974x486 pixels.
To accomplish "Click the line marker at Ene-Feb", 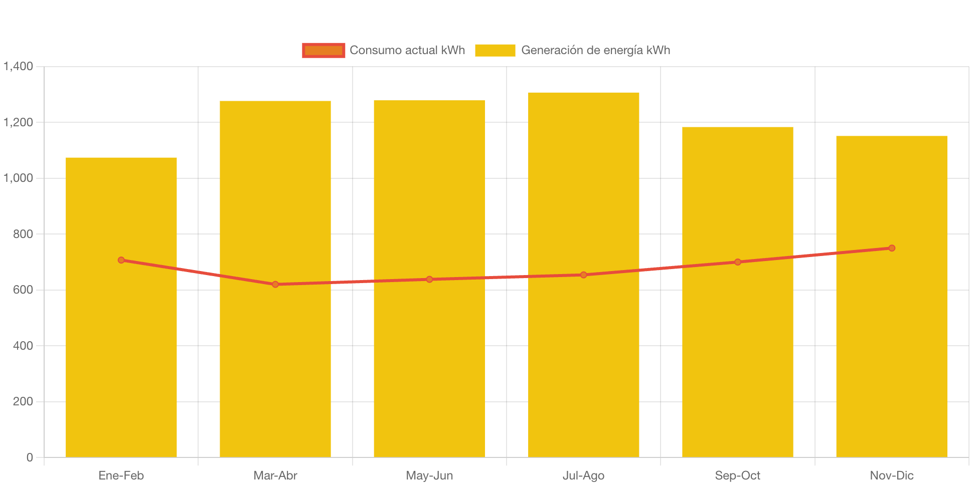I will point(121,260).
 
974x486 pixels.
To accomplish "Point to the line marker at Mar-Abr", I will point(275,285).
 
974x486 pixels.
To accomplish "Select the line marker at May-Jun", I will point(429,279).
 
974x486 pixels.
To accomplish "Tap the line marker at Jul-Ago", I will point(583,275).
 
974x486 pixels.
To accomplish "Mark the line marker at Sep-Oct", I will point(737,262).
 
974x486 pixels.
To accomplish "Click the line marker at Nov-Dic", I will point(891,248).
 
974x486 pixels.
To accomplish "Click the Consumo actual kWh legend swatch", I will point(323,50).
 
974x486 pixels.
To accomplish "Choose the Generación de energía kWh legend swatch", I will point(495,50).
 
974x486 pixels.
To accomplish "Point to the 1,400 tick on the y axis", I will point(19,66).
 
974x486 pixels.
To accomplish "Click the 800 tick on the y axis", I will point(23,234).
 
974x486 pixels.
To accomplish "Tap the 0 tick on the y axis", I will point(30,457).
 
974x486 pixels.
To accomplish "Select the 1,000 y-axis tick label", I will point(19,178).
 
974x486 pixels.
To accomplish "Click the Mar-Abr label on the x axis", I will point(275,475).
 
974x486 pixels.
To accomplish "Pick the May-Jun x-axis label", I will point(429,475).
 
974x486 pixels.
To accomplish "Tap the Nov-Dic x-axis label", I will point(891,475).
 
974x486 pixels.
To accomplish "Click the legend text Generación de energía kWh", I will point(595,50).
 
